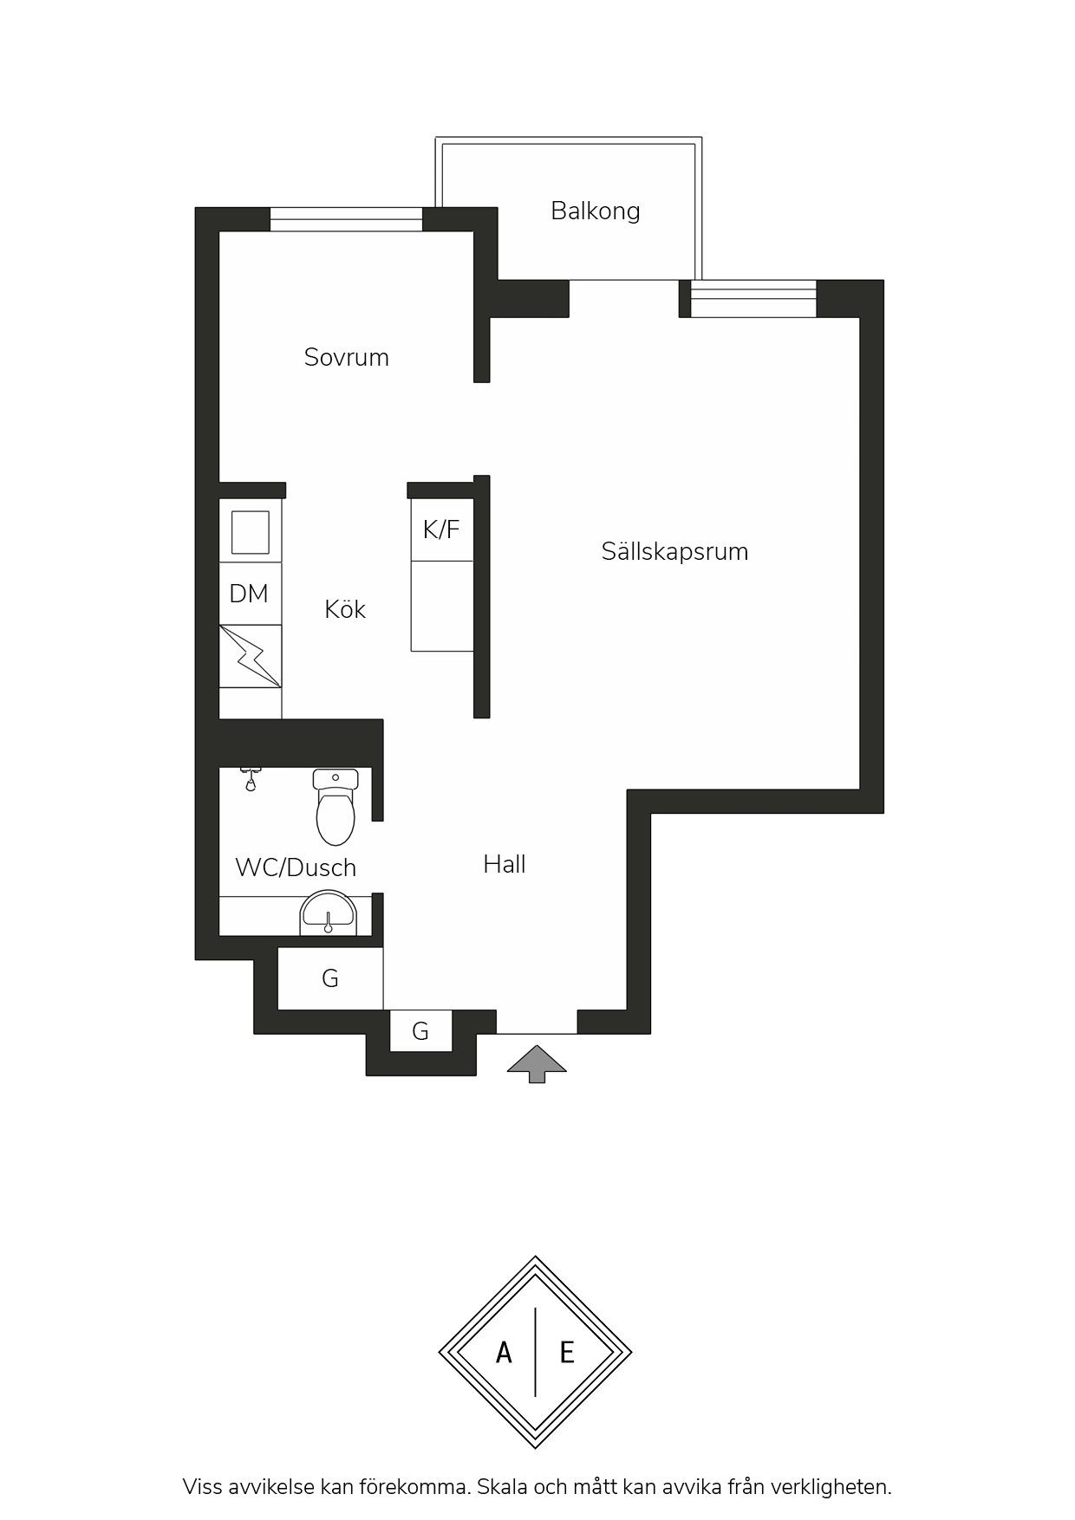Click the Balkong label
point(596,211)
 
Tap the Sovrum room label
point(346,357)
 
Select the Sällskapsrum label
point(674,552)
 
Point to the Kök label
point(345,609)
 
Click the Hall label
point(505,864)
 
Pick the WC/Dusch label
point(296,867)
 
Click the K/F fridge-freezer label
point(441,529)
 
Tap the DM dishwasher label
point(249,594)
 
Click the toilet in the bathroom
point(336,807)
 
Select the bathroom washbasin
point(328,913)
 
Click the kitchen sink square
point(250,532)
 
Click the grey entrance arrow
point(537,1064)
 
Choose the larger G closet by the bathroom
point(330,978)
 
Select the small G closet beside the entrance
point(420,1031)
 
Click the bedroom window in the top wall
point(346,219)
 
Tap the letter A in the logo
point(504,1352)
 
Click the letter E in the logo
point(567,1352)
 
